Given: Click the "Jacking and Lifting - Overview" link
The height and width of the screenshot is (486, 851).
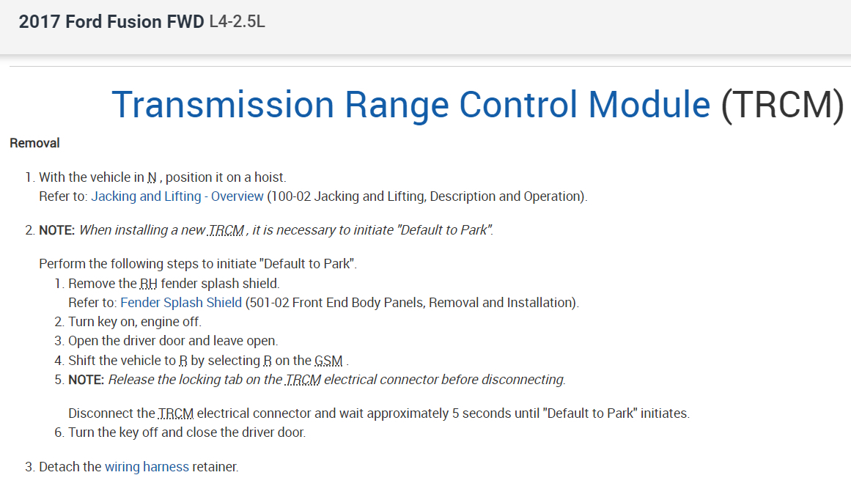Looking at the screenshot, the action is [x=177, y=196].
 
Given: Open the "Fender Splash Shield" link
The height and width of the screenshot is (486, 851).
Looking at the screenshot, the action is [x=181, y=303].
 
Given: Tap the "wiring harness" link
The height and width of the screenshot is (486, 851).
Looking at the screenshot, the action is [x=147, y=466].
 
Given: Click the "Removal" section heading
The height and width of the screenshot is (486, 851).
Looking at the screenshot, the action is [x=34, y=143].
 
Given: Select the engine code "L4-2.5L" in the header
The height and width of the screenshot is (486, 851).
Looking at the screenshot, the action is [x=237, y=22].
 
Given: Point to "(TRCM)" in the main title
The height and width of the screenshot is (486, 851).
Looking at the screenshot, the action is [x=782, y=104].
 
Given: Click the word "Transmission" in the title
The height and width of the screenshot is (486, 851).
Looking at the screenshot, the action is [x=223, y=104].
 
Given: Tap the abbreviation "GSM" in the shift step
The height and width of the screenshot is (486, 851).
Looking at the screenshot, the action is [x=328, y=361].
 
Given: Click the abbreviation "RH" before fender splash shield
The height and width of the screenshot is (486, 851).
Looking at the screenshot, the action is [x=148, y=284].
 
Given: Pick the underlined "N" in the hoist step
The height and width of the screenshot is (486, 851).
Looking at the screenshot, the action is [x=152, y=177].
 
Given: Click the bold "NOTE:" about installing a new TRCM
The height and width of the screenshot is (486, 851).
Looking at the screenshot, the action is [x=57, y=230].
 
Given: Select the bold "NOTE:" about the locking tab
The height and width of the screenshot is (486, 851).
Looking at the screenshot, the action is [x=86, y=380].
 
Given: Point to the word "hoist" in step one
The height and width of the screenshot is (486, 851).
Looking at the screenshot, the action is [x=269, y=177].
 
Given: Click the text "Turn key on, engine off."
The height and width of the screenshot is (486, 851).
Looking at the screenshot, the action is [x=135, y=322].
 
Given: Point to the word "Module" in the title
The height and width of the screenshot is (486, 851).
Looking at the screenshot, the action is [x=649, y=104].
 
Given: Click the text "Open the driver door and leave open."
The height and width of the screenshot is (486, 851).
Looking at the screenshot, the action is [x=173, y=341].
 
